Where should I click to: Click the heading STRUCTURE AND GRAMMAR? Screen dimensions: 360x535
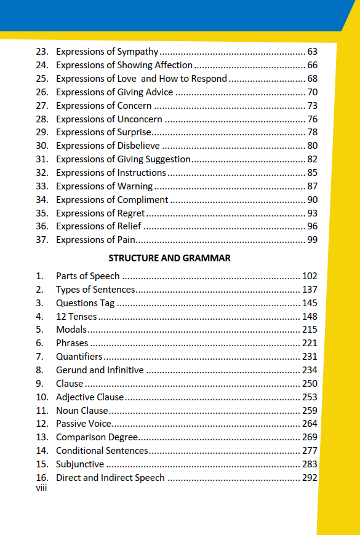pyautogui.click(x=169, y=258)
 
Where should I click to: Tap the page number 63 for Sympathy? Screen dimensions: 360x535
pyautogui.click(x=312, y=52)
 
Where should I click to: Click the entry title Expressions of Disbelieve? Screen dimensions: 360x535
pyautogui.click(x=108, y=146)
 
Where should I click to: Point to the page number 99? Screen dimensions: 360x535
pyautogui.click(x=312, y=240)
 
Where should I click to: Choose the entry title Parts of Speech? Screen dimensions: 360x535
pyautogui.click(x=88, y=276)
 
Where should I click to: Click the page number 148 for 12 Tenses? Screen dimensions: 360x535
pyautogui.click(x=310, y=317)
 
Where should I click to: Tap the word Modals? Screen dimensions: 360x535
pyautogui.click(x=71, y=330)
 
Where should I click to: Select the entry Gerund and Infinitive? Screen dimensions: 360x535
pyautogui.click(x=100, y=370)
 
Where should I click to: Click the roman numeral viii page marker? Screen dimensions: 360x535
pyautogui.click(x=42, y=488)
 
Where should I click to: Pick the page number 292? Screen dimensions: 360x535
pyautogui.click(x=310, y=478)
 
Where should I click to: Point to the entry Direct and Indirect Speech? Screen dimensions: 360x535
pyautogui.click(x=110, y=478)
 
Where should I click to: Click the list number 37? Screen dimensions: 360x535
pyautogui.click(x=42, y=240)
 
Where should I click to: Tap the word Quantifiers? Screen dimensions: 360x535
pyautogui.click(x=79, y=357)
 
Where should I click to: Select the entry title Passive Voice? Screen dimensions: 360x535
pyautogui.click(x=84, y=424)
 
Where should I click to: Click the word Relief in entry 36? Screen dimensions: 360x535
pyautogui.click(x=129, y=226)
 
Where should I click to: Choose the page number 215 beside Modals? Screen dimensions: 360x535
pyautogui.click(x=310, y=330)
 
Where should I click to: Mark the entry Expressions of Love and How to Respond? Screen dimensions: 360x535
pyautogui.click(x=142, y=79)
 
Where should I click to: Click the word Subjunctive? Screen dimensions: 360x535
pyautogui.click(x=80, y=464)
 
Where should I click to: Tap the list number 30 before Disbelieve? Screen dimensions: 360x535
pyautogui.click(x=42, y=146)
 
